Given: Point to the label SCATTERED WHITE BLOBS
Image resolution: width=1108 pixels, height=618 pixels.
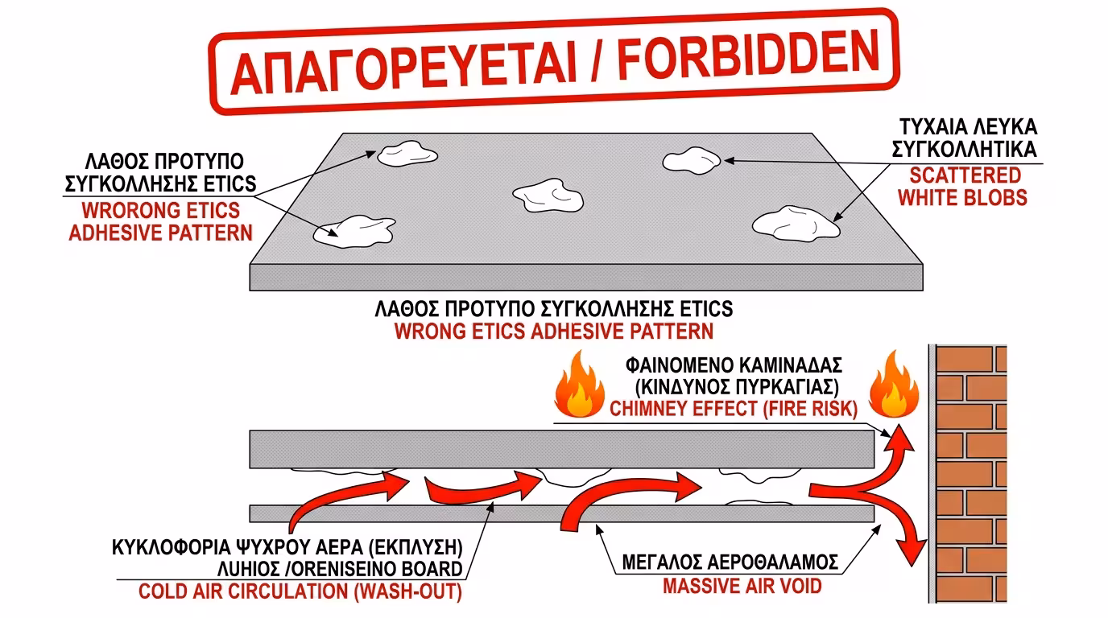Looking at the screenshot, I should tap(962, 187).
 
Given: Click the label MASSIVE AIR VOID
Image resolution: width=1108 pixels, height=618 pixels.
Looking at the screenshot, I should tap(742, 585).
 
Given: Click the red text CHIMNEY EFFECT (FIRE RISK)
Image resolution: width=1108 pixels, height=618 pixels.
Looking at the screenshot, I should tap(732, 408).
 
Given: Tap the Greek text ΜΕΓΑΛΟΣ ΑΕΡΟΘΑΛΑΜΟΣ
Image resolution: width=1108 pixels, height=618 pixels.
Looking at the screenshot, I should tap(730, 562).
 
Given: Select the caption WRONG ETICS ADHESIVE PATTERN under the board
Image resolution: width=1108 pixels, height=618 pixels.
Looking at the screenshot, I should tap(553, 330).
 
